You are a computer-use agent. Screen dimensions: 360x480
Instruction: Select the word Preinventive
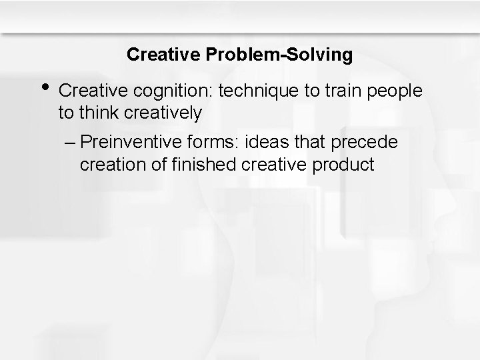pos(129,142)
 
